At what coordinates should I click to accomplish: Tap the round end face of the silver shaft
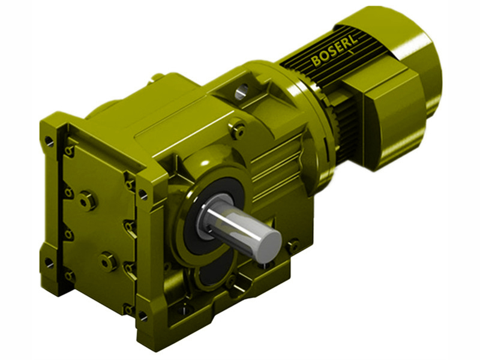click(268, 245)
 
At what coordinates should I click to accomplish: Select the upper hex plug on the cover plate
click(88, 200)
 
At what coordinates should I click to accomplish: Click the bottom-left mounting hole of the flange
click(49, 263)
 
